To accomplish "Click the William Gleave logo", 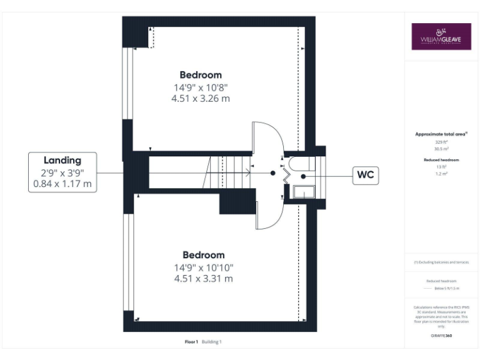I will [441, 36].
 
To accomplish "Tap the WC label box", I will [365, 176].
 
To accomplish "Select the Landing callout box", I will [62, 172].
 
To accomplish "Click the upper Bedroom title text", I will [201, 75].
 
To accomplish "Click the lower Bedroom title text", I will [203, 255].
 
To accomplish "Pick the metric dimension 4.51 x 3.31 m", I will [203, 279].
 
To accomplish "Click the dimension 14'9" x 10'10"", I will [203, 267].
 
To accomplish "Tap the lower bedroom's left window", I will [128, 262].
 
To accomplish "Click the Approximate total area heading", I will [442, 134].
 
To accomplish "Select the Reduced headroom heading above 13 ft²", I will [442, 161].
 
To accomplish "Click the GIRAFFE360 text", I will [441, 336].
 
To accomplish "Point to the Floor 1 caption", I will [191, 342].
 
